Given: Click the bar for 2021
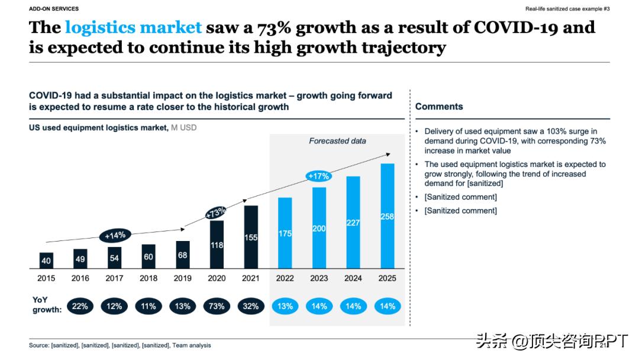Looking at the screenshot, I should point(251,237).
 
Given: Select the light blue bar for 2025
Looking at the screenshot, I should point(388,216).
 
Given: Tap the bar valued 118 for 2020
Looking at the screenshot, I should point(217,244).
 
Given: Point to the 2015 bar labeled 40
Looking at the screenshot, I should point(46,260).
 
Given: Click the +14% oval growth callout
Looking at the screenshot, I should point(115,235).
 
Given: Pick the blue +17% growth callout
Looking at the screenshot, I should point(318,176).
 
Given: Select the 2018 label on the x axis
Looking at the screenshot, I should point(149,278).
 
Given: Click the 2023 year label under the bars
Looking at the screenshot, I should point(319,278).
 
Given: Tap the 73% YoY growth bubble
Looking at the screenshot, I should point(217,306).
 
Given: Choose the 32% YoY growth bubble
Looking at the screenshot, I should point(251,306).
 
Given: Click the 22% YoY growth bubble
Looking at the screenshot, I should point(80,306).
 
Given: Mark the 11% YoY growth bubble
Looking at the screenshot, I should point(149,306).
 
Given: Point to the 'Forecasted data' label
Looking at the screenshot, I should point(337,141).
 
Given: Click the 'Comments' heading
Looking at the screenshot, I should point(438,107).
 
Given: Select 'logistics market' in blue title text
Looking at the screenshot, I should point(133,28).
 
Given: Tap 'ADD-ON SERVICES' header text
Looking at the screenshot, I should point(54,9).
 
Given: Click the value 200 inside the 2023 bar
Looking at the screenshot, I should point(319,228).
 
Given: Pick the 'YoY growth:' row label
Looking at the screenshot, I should point(47,305).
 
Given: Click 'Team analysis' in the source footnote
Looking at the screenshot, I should point(192,345).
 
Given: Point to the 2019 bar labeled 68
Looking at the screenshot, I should point(183,255).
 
